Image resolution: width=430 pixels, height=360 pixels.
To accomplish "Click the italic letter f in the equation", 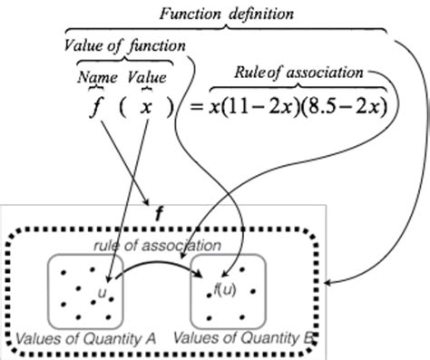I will (x=93, y=107).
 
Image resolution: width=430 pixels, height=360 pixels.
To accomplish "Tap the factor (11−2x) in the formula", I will (x=259, y=108).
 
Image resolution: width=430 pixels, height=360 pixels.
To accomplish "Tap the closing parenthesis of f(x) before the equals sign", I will (x=169, y=108).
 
